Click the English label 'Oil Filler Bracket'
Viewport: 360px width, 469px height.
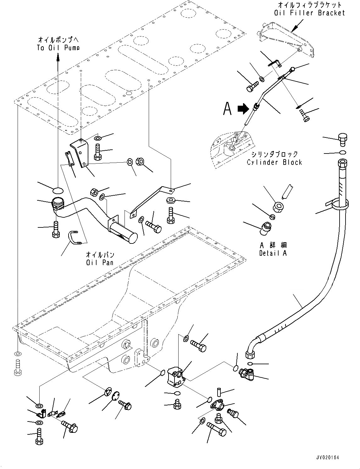(309, 13)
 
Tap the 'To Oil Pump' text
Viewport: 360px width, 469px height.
(58, 47)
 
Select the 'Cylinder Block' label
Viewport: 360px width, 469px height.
(274, 162)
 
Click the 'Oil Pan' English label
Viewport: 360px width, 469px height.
(100, 262)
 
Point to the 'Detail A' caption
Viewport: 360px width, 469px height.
(273, 253)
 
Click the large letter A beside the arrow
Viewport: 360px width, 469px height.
(227, 109)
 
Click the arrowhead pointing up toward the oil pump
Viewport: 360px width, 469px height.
(58, 56)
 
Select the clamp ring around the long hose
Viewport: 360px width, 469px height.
(339, 204)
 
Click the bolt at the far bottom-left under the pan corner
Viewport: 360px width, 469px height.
(18, 368)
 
